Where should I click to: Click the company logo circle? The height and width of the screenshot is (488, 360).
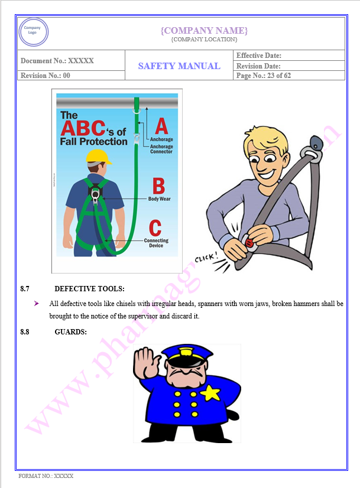[34, 32]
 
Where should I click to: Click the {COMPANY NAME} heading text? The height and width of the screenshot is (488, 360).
[204, 30]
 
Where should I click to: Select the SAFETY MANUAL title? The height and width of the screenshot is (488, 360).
[179, 66]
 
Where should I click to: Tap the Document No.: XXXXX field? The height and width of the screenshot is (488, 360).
[57, 61]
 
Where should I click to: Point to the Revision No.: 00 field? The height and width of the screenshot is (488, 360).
[46, 76]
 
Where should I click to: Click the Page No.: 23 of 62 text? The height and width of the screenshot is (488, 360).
[264, 76]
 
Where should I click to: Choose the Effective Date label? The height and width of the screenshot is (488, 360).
[259, 56]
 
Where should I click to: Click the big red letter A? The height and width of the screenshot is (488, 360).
[161, 126]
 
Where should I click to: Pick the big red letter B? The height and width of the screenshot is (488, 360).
[158, 186]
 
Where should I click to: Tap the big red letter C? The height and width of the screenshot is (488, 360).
[155, 227]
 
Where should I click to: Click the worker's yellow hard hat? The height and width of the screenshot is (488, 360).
[99, 157]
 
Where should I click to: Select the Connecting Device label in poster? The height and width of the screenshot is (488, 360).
[156, 243]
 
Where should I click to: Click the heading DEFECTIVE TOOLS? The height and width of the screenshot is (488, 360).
[89, 289]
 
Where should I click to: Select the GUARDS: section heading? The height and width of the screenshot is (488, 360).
[70, 332]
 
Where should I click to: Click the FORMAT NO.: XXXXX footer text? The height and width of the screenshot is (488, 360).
[46, 476]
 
